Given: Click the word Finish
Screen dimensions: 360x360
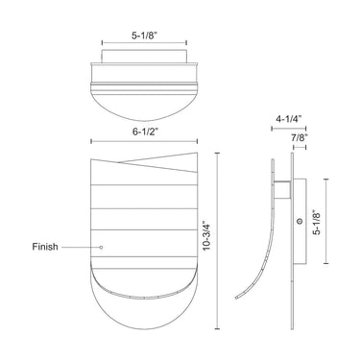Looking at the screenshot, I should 44,247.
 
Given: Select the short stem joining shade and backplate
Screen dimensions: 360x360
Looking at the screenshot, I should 285,187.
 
